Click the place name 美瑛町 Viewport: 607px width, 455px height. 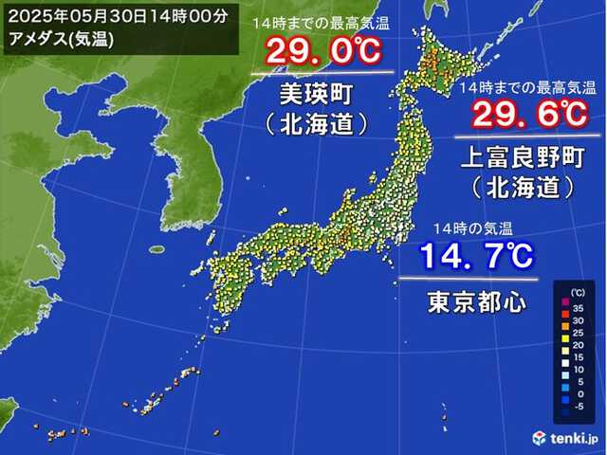coord(322,95)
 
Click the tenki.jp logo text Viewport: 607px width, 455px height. coord(575,438)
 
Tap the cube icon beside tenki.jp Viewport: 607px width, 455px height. coord(540,437)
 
